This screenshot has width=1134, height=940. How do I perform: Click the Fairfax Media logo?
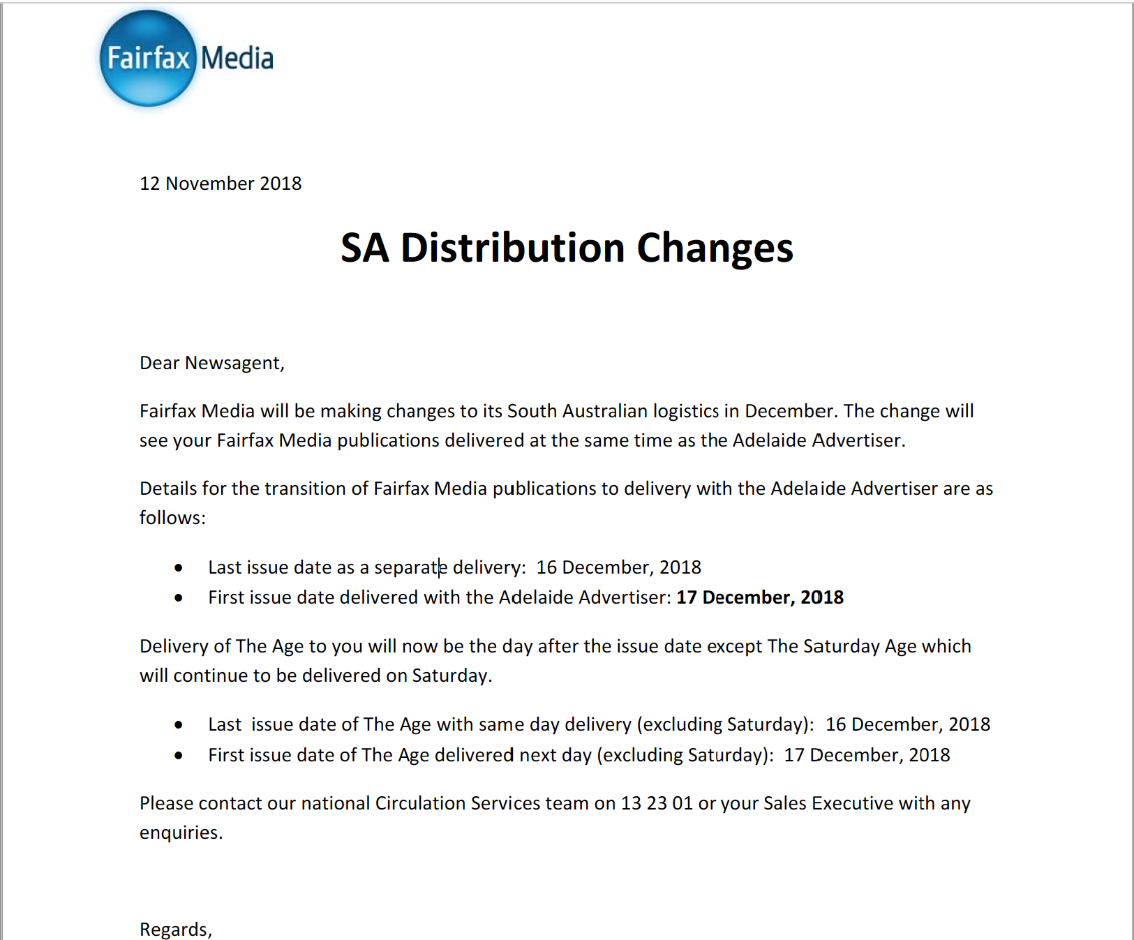click(186, 59)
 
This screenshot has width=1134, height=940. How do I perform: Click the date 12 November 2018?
click(221, 184)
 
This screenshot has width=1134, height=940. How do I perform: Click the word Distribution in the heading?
click(512, 248)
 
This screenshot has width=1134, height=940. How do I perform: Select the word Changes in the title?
click(715, 248)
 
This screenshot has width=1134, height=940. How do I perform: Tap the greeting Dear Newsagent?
click(211, 363)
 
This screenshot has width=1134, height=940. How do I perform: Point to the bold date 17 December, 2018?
click(760, 597)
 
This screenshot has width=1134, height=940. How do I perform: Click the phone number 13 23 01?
click(657, 803)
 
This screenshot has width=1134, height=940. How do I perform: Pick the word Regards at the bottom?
click(174, 930)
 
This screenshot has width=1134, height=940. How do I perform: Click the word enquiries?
click(180, 833)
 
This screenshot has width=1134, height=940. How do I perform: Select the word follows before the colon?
click(171, 518)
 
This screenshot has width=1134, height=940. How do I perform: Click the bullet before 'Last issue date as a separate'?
click(179, 567)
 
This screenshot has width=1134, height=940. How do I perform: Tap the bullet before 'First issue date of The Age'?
click(179, 755)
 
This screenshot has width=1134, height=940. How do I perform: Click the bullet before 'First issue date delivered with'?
click(179, 597)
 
